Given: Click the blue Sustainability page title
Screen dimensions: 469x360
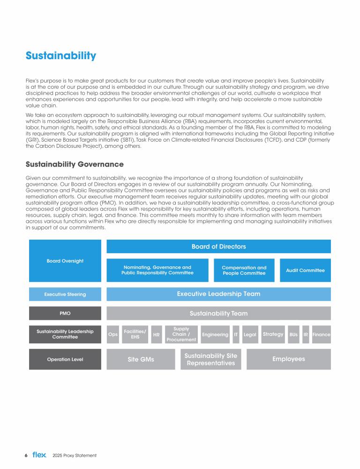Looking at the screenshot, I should click(x=61, y=56).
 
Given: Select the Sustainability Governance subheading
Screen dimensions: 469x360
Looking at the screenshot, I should click(x=75, y=164).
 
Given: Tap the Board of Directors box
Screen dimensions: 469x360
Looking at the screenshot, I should click(x=218, y=247).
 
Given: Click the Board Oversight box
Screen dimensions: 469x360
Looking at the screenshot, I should click(x=65, y=261).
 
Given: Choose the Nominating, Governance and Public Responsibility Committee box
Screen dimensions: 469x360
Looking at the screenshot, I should click(x=157, y=270).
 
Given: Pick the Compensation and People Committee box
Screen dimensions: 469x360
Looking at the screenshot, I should click(x=244, y=270).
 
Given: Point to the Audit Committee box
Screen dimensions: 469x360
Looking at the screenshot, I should click(x=305, y=270).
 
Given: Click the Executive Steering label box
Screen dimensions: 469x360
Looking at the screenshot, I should click(x=65, y=295).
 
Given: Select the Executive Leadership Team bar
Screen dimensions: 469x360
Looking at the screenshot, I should click(x=218, y=294).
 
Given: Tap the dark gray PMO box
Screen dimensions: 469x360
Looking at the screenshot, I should click(x=65, y=313).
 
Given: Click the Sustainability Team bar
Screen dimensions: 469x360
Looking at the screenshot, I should click(x=218, y=313).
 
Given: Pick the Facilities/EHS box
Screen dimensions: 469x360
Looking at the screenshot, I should click(x=135, y=334).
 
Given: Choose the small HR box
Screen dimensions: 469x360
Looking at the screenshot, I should click(x=157, y=334).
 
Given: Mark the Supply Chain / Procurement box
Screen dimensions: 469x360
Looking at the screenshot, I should click(x=181, y=334).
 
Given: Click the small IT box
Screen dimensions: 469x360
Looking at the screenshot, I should click(x=236, y=334).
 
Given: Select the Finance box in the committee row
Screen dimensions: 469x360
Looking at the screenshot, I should click(x=322, y=334).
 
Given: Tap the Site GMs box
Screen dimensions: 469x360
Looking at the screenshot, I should click(x=141, y=359).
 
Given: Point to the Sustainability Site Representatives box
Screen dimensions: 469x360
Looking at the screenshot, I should click(x=211, y=359).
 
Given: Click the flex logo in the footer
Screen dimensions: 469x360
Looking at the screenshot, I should click(x=39, y=455).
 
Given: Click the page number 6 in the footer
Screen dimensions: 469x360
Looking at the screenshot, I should click(x=26, y=455).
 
